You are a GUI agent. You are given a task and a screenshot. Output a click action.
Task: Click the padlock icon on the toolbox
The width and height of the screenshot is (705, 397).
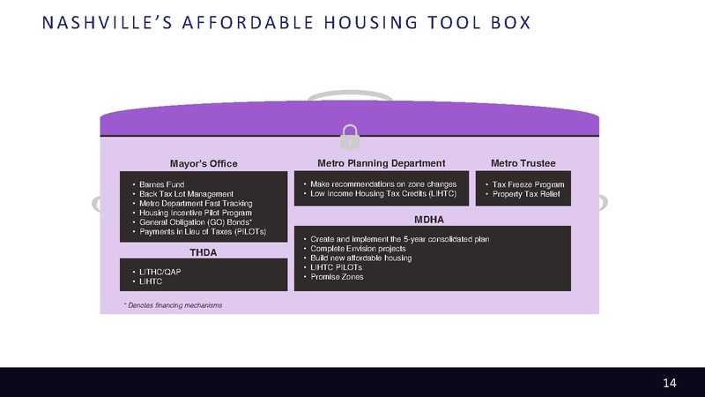point(350,137)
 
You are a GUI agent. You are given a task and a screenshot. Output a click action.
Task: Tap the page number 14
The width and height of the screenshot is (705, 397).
point(670,382)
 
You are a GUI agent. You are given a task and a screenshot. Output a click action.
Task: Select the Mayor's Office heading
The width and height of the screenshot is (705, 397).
point(204,163)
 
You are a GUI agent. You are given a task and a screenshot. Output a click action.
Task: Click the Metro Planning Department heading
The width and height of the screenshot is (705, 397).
point(381,163)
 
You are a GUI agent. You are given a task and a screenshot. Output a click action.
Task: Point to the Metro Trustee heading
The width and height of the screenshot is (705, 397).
point(523,163)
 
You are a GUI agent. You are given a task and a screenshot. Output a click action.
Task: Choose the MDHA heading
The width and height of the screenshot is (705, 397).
point(428,219)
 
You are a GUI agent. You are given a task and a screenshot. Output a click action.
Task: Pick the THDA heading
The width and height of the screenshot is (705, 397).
point(204,252)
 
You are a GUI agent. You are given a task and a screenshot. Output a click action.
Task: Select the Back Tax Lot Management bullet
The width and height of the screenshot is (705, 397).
point(186,193)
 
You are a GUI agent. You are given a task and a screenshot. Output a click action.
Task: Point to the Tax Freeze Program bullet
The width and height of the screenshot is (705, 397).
point(529,184)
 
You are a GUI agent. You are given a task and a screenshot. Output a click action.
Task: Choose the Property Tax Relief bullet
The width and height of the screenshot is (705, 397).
point(527,193)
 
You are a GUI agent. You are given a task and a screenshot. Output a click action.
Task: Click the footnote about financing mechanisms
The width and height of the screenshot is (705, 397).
point(173,305)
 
